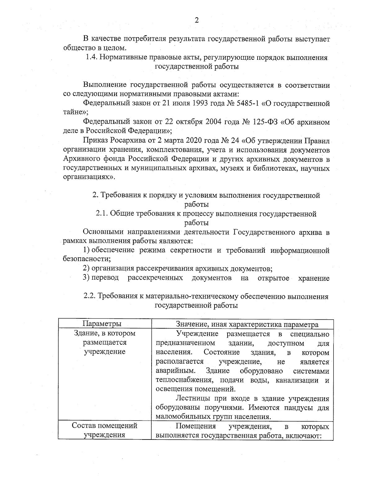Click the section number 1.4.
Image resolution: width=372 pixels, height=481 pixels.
(x=91, y=58)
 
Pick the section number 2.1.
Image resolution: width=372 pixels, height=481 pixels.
(x=102, y=214)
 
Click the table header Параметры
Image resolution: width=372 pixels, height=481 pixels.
(x=102, y=324)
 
